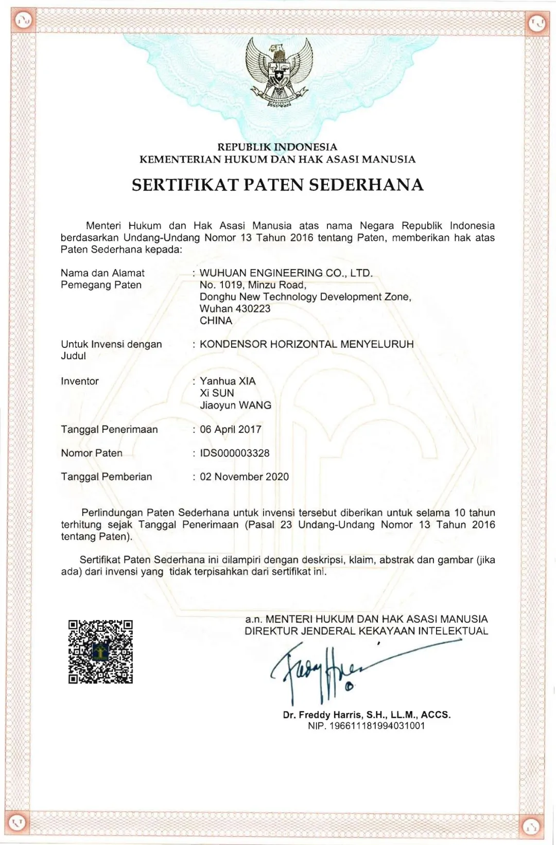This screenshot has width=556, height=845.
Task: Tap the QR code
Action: [x=100, y=652]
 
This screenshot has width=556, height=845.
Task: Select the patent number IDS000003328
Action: [x=235, y=453]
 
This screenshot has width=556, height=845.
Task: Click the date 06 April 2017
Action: [x=231, y=430]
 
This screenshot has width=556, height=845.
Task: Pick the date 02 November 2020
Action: [x=245, y=477]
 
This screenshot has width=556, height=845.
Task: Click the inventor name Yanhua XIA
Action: [x=228, y=381]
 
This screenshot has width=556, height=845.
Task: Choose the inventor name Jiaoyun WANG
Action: [x=235, y=406]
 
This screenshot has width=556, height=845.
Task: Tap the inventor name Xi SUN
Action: [x=217, y=393]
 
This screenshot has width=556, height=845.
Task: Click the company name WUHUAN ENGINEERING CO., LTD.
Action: [x=286, y=273]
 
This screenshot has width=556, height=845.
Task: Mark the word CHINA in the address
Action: [x=216, y=321]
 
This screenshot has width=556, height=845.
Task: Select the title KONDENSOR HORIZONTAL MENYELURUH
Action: [x=307, y=344]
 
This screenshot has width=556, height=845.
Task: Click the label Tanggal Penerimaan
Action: [x=109, y=430]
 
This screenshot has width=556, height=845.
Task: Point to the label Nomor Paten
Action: [x=92, y=453]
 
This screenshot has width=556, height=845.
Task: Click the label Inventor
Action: [x=80, y=381]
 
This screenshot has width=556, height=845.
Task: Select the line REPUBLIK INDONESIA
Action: [x=277, y=147]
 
